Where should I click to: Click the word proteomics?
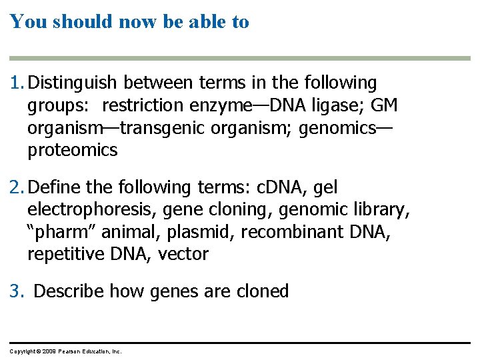click(72, 151)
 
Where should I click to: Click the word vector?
click(183, 254)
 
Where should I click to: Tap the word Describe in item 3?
click(69, 291)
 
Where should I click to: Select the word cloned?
click(263, 291)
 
